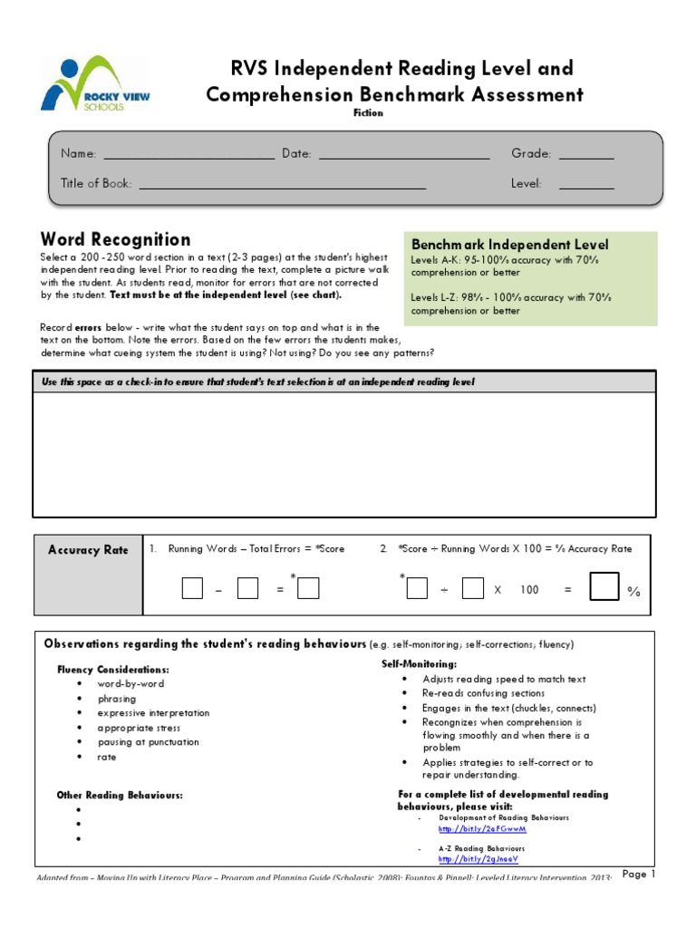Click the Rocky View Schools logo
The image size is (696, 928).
(95, 83)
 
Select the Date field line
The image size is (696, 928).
(404, 158)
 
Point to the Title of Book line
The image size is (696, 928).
(282, 188)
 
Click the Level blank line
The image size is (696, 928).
(586, 188)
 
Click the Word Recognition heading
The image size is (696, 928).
(115, 239)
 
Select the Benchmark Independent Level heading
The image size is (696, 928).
(510, 245)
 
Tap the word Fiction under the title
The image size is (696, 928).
(368, 113)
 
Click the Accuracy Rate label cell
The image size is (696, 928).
(88, 550)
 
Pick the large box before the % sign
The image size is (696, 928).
(604, 587)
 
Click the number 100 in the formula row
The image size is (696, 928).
(529, 590)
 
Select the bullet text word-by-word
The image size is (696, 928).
(131, 684)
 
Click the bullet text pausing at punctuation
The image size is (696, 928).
(149, 742)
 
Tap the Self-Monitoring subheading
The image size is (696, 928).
(419, 664)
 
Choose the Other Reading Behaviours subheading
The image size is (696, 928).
(120, 795)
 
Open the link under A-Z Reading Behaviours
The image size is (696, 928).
(478, 859)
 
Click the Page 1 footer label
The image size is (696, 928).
(638, 875)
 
